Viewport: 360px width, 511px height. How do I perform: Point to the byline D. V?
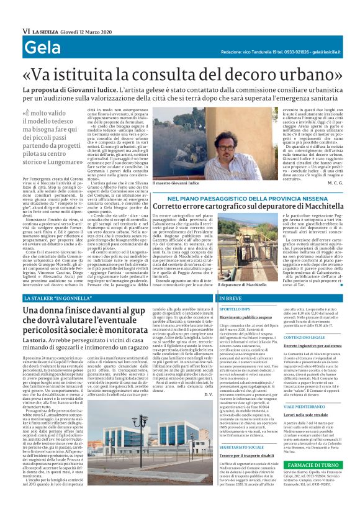[209, 412]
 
